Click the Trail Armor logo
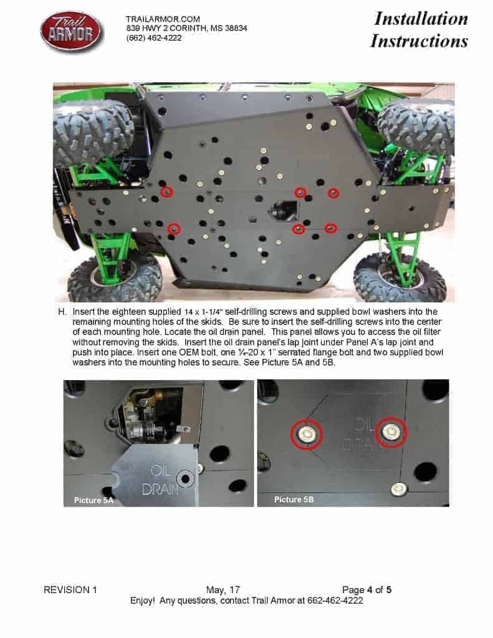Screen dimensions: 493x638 click(72, 32)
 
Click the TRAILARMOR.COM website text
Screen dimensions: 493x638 click(163, 19)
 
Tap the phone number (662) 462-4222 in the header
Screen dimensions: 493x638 click(154, 38)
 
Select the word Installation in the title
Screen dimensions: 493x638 click(421, 19)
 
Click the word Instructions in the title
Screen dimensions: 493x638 click(419, 40)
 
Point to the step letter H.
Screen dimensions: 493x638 click(62, 312)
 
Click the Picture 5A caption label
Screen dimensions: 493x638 click(93, 500)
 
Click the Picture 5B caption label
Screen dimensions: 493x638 click(294, 499)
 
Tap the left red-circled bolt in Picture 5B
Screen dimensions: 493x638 click(306, 434)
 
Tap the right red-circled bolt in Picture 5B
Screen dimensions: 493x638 click(391, 431)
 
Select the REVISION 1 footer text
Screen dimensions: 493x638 click(70, 589)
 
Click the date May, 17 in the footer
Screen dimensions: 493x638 click(223, 589)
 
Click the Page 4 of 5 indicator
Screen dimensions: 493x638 click(367, 589)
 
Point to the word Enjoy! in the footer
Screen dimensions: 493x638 click(143, 601)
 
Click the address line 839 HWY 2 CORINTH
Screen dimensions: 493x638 click(186, 29)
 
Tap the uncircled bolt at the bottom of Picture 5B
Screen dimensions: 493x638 click(398, 488)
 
